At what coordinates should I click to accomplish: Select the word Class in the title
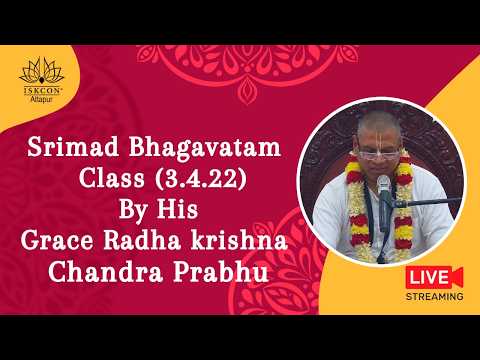pos(109,185)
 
